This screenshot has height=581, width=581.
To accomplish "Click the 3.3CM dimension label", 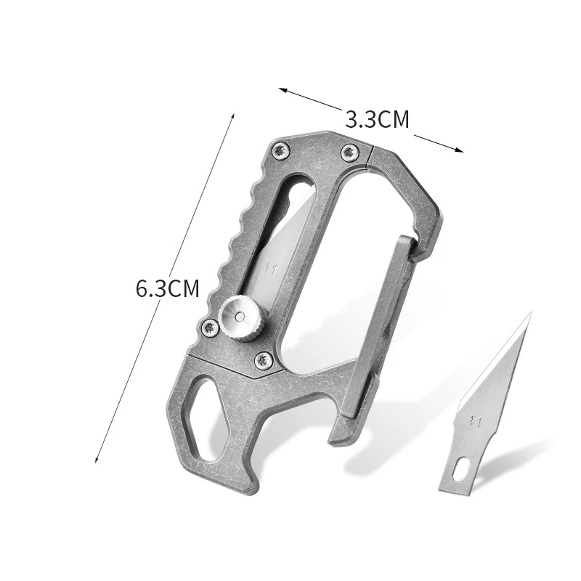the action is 377,119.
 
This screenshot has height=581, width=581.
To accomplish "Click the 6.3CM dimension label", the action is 168,288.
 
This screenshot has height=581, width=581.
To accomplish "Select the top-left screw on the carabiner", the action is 280,151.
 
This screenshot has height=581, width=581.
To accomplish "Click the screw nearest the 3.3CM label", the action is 349,152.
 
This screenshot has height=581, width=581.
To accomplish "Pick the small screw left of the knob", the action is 210,327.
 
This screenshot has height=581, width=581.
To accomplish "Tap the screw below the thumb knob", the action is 263,359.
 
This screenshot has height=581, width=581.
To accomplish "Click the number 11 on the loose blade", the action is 475,422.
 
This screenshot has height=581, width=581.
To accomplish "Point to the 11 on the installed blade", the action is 271,269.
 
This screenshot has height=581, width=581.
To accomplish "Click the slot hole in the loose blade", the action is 461,468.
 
